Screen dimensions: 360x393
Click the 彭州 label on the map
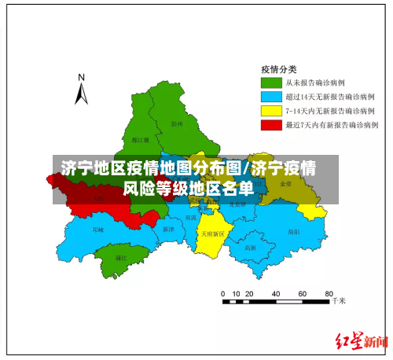[x=176, y=123]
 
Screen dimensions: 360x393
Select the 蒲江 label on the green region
[x=121, y=257]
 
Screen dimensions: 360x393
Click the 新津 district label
[x=167, y=229]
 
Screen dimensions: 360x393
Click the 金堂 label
[x=285, y=183]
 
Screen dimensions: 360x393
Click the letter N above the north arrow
[x=80, y=77]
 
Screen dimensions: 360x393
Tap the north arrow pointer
[x=81, y=94]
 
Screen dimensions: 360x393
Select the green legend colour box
[x=272, y=82]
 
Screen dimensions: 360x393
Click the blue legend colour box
[x=272, y=96]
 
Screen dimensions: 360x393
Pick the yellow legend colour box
[x=272, y=110]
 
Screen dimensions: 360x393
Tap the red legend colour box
[x=272, y=124]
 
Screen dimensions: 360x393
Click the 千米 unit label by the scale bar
[x=338, y=300]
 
